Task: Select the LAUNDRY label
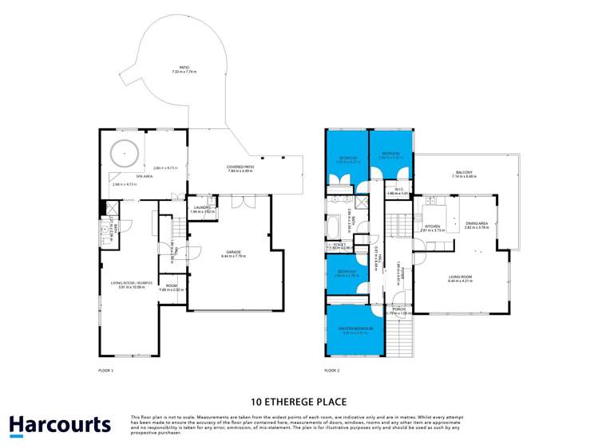(x=202, y=207)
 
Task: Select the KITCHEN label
(x=432, y=226)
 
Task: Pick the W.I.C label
(x=397, y=189)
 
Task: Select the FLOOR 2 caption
(x=332, y=371)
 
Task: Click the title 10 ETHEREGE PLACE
(x=299, y=402)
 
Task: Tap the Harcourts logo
(x=60, y=425)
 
